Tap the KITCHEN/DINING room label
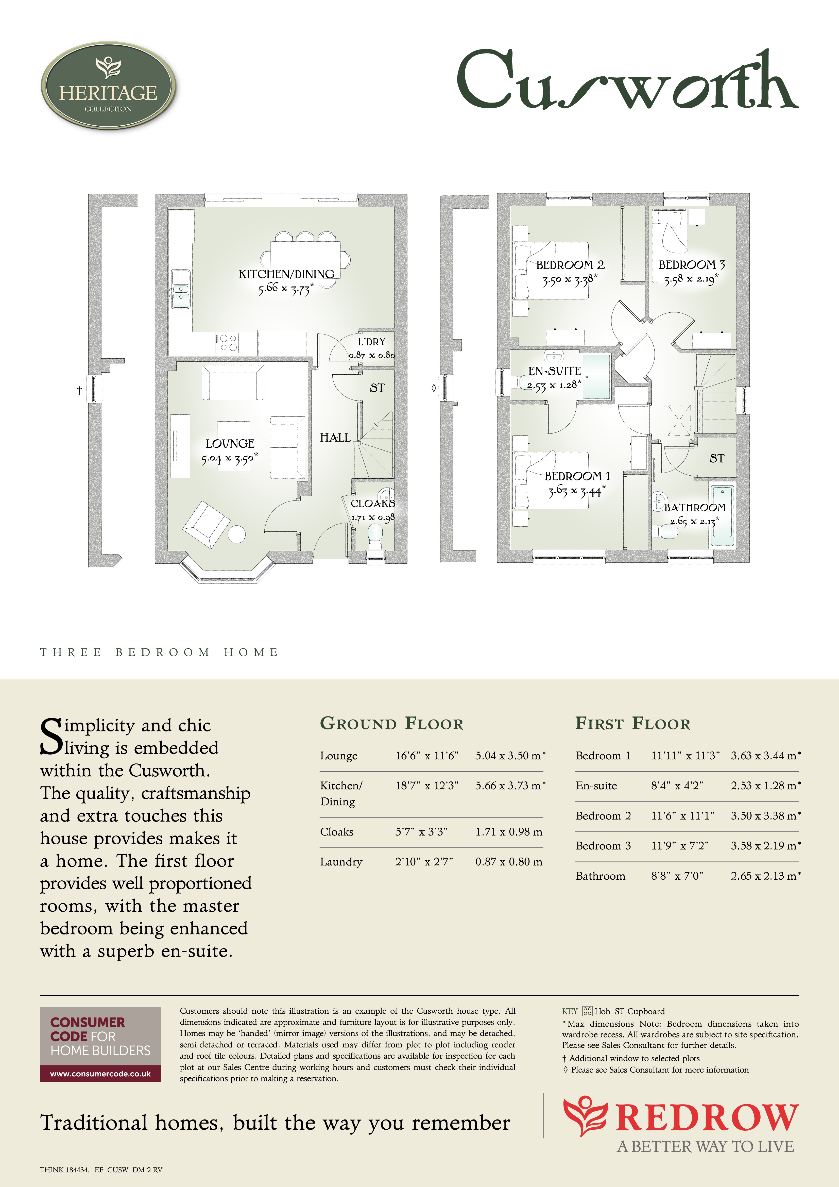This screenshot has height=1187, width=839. (x=286, y=274)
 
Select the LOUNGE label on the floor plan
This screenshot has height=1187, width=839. (x=230, y=444)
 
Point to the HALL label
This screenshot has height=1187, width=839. (x=335, y=438)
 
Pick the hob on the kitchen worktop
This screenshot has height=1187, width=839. (x=226, y=342)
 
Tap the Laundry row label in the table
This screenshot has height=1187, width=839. (x=341, y=862)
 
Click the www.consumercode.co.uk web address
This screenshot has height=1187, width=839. (x=100, y=1074)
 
